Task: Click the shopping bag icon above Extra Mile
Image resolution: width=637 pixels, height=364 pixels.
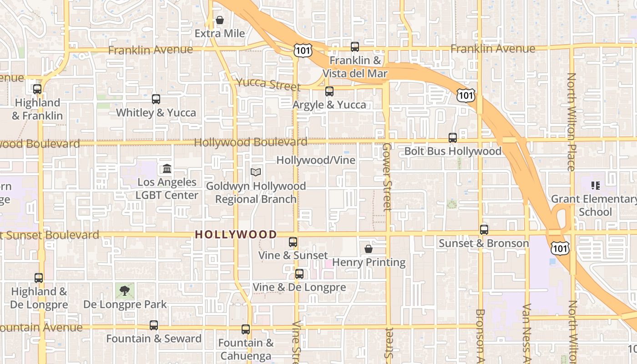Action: click(220, 20)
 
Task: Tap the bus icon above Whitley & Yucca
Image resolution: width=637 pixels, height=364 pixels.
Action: click(156, 99)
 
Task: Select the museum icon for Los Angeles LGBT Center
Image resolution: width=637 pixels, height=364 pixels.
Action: click(167, 169)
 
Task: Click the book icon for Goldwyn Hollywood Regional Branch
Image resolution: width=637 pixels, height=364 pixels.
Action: click(256, 172)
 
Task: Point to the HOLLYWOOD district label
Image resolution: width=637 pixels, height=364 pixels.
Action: click(236, 235)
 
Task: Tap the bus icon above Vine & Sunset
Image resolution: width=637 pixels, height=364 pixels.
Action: click(293, 242)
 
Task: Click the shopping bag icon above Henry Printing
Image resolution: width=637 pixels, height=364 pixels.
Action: click(369, 249)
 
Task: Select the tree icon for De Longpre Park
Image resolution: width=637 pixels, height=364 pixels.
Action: click(125, 290)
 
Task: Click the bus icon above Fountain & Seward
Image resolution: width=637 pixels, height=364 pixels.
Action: click(154, 325)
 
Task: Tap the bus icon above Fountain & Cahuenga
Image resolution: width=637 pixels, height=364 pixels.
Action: click(246, 329)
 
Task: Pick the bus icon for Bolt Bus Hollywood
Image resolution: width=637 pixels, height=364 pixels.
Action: click(453, 137)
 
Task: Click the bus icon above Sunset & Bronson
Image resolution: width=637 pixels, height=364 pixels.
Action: click(484, 229)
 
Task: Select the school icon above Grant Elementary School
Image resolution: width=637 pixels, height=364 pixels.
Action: click(595, 185)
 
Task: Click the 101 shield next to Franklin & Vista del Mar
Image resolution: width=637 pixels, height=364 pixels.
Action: click(303, 50)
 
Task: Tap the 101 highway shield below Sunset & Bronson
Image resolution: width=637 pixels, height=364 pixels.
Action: click(559, 248)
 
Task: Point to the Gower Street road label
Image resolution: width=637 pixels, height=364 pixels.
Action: click(387, 177)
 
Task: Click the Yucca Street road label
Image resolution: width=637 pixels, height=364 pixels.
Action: click(268, 84)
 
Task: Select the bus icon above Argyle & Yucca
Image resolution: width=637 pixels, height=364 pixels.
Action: click(329, 91)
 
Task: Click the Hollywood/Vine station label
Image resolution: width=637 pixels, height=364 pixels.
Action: click(316, 160)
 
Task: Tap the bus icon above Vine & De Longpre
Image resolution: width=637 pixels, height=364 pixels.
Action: click(299, 273)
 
